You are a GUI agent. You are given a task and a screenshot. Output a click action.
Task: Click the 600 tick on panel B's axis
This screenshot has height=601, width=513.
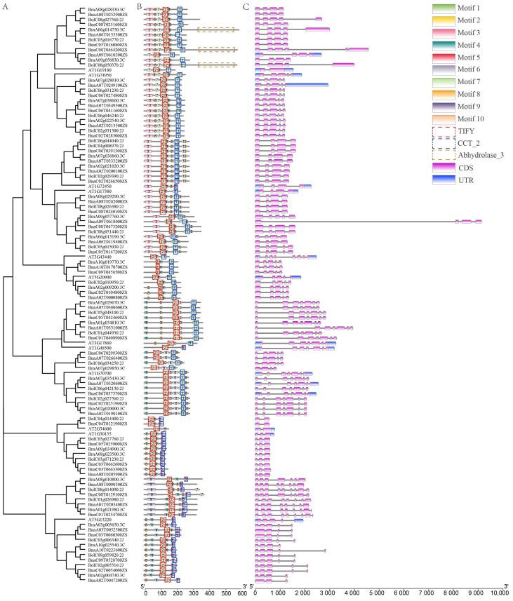(x=241, y=593)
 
